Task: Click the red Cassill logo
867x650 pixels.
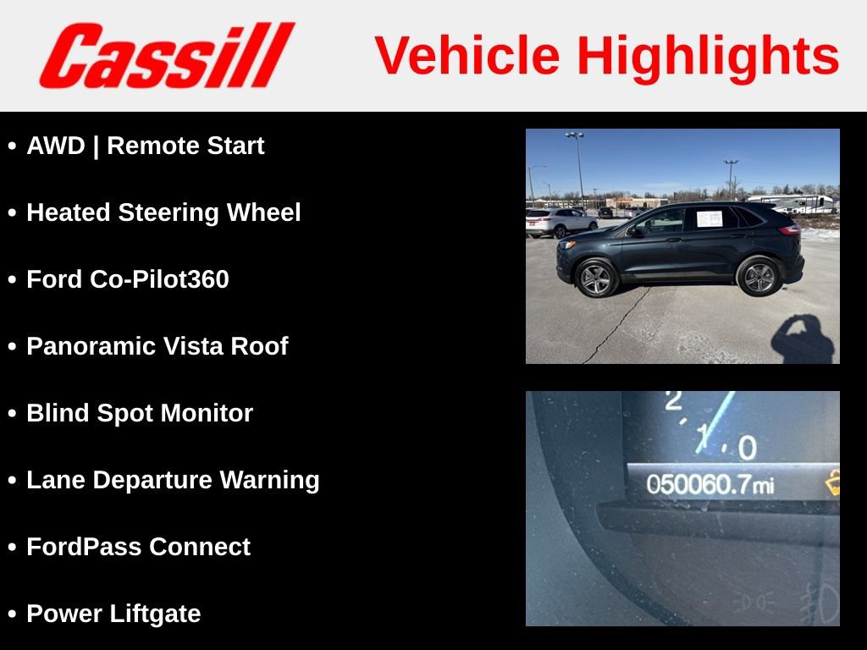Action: point(166,56)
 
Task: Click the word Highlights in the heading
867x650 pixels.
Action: point(708,56)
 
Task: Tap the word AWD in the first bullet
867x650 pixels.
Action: point(56,146)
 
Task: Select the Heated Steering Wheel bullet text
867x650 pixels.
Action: point(163,212)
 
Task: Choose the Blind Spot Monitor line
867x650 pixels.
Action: point(140,413)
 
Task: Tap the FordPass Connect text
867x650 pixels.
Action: point(138,547)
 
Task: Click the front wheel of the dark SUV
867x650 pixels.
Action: point(596,277)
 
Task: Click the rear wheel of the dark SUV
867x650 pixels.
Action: point(758,276)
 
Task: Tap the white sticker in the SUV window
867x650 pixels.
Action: point(709,218)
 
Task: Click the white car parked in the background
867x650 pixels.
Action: point(559,222)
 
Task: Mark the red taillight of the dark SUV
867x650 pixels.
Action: point(790,229)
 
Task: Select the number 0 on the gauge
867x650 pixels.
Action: point(746,447)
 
